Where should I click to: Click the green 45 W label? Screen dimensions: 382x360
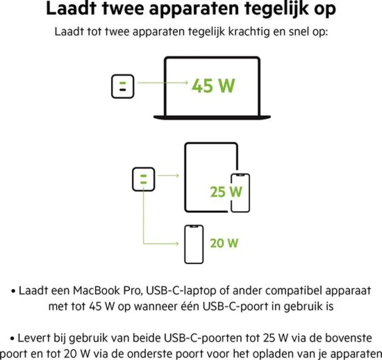pos(213,86)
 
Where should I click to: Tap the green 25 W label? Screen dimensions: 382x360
pos(226,192)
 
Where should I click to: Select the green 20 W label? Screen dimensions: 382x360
pos(224,243)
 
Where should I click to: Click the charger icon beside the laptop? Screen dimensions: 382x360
pos(123,86)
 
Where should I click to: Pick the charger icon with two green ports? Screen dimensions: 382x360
pos(143,179)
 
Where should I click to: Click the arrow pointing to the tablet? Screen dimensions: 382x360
pos(168,175)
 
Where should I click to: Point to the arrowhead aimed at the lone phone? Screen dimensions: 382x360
pos(177,243)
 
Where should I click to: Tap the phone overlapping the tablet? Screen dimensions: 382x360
pos(240,193)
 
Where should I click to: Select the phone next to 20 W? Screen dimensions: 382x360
pos(194,245)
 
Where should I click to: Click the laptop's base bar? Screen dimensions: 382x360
pos(212,118)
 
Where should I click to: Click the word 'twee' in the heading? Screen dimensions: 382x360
pos(123,8)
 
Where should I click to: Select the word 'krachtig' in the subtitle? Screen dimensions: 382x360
pos(249,32)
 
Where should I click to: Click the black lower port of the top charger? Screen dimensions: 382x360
pos(123,90)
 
